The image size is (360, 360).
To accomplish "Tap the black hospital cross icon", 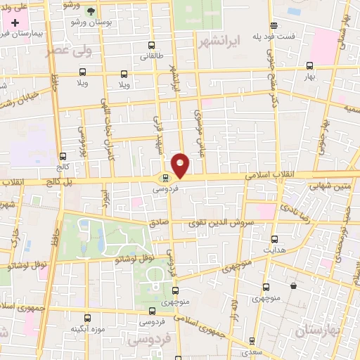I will pos(15,23).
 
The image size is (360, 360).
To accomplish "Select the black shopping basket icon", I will pos(293,286).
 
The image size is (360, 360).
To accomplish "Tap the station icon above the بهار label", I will pos(310,65).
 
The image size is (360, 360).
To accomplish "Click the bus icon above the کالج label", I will pos(63,156).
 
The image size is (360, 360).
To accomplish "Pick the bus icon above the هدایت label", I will pos(274,239).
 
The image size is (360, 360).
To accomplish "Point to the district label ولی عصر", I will pos(69,51).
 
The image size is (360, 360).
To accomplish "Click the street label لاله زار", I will pos(237,307).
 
